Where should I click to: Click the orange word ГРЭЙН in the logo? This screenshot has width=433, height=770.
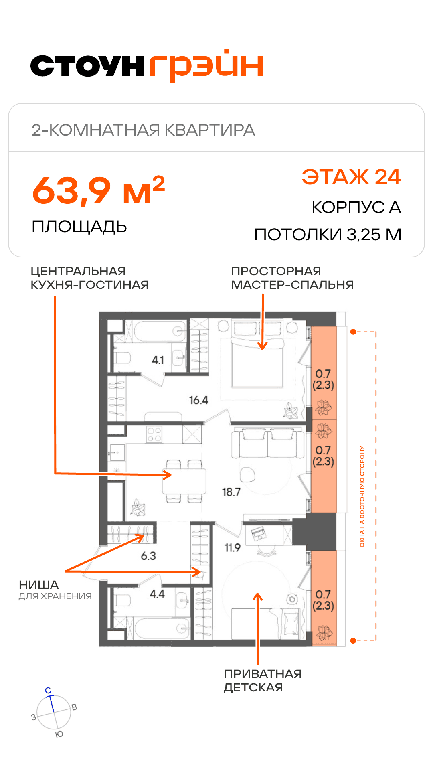206,66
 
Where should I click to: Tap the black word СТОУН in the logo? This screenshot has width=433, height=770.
87,66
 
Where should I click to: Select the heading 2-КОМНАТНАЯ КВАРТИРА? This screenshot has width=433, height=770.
143,130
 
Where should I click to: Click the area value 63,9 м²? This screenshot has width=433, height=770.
99,190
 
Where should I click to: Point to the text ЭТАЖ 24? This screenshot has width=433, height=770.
351,177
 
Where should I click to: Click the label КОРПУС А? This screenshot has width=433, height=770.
356,207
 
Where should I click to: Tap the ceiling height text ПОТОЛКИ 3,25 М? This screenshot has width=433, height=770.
328,235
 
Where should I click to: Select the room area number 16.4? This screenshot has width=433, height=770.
198,400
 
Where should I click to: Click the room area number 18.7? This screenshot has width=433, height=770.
231,492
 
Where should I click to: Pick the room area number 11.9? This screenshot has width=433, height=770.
232,548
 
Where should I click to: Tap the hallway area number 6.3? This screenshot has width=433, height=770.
148,556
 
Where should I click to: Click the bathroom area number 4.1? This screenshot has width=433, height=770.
158,360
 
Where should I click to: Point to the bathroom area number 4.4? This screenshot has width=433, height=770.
157,594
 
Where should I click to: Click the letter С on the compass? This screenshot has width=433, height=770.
48,691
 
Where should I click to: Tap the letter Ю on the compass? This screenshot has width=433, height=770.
59,734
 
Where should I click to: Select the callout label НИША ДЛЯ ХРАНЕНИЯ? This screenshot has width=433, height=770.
55,590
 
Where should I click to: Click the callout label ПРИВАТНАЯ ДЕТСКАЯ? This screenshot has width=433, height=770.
263,681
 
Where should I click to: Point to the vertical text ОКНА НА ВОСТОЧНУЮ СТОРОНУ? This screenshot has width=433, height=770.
362,496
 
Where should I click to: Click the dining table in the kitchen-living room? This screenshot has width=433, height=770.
184,481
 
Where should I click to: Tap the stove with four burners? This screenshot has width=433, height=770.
154,434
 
